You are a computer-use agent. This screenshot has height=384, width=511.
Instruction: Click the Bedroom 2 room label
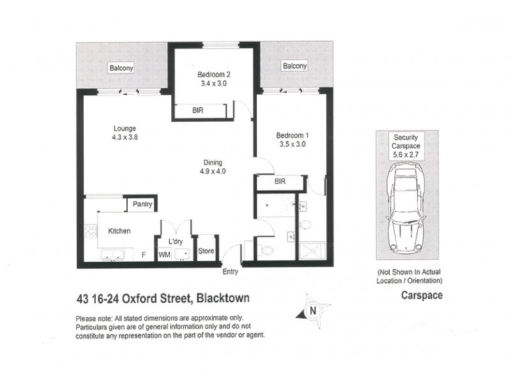click(x=213, y=74)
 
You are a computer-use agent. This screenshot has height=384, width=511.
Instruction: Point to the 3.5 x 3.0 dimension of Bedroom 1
click(x=292, y=144)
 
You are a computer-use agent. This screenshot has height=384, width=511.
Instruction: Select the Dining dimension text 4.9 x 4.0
click(x=213, y=171)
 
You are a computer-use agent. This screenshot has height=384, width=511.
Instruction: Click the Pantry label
click(x=142, y=204)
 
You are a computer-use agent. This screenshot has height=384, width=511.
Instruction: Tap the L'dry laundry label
click(x=176, y=241)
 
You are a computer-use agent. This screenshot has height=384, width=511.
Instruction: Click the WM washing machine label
click(x=164, y=255)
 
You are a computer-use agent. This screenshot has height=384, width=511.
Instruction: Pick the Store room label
click(x=206, y=252)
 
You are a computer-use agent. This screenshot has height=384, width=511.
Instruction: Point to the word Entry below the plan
click(x=230, y=271)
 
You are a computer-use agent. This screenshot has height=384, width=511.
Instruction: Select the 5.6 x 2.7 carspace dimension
click(x=406, y=154)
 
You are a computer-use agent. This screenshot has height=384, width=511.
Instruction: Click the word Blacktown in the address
click(x=221, y=298)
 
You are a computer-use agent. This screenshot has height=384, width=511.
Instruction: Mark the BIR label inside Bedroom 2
click(x=199, y=110)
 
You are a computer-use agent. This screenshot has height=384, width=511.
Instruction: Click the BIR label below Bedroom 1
click(x=279, y=182)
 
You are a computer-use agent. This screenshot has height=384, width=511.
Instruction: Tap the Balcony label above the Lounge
click(x=120, y=68)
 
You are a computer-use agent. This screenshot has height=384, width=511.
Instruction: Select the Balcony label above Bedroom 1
click(x=294, y=66)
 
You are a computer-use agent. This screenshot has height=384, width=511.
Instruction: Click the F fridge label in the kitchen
click(x=144, y=255)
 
